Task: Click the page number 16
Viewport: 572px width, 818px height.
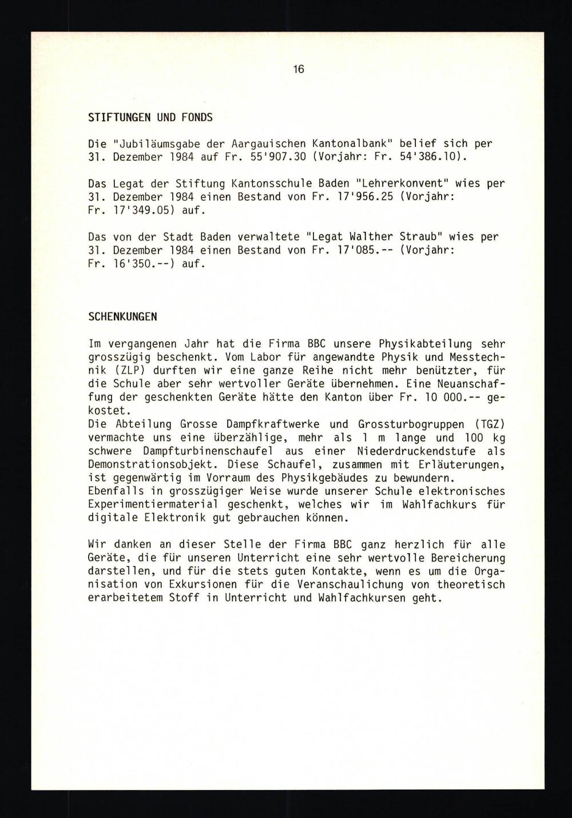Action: pyautogui.click(x=298, y=70)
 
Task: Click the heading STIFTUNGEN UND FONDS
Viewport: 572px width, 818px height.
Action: pyautogui.click(x=150, y=117)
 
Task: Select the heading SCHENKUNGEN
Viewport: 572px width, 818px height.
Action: pyautogui.click(x=123, y=316)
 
